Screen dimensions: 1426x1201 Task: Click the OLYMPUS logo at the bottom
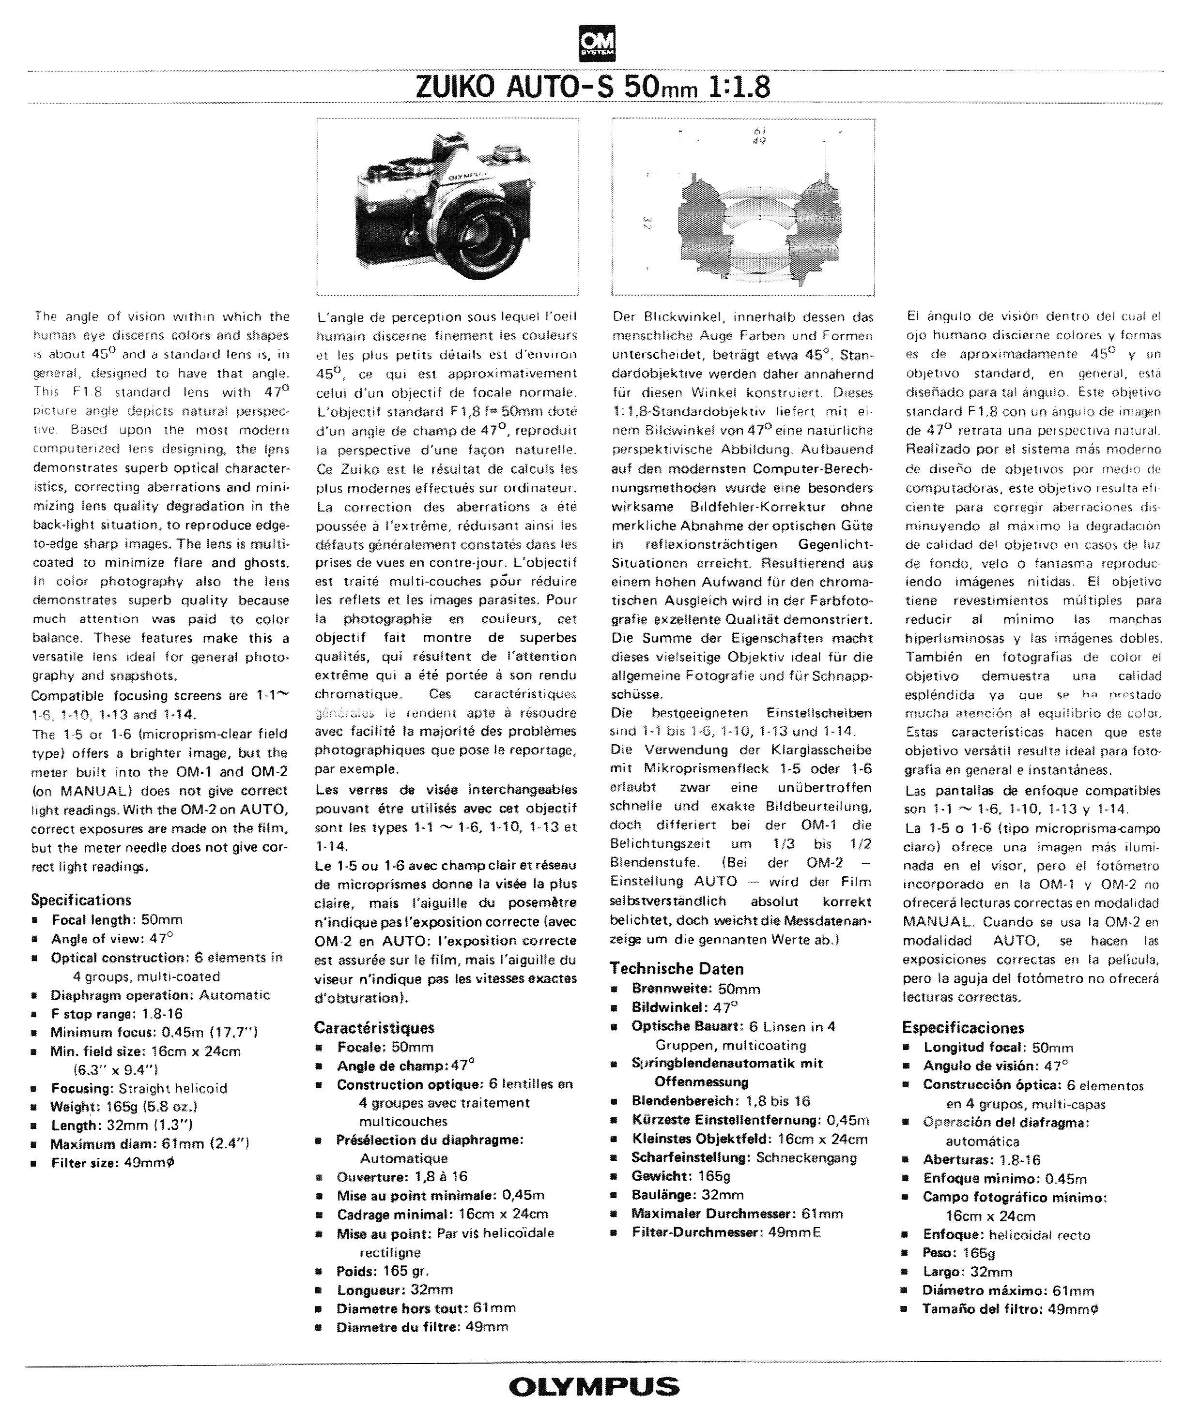[x=594, y=1386]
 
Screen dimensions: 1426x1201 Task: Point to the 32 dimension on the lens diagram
[x=644, y=223]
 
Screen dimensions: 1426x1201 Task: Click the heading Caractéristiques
[x=374, y=1027]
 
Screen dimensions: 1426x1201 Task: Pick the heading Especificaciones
[x=963, y=1027]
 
